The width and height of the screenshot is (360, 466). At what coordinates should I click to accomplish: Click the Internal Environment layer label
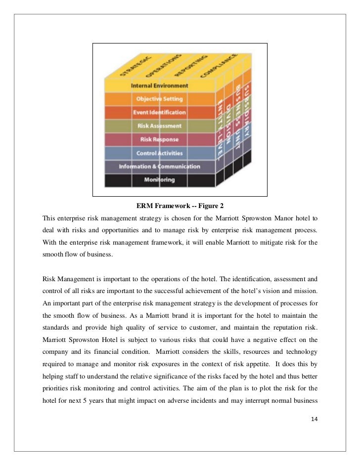point(159,85)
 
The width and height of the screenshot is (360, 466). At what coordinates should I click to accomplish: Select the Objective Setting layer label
point(159,99)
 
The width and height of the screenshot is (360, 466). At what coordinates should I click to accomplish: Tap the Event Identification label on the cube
point(159,112)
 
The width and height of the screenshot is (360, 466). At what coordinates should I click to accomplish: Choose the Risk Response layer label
point(160,139)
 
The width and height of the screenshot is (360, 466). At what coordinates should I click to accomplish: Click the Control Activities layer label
point(159,153)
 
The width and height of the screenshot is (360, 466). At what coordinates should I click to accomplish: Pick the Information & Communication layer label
point(159,167)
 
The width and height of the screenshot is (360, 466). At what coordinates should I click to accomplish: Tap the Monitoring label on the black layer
point(159,179)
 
